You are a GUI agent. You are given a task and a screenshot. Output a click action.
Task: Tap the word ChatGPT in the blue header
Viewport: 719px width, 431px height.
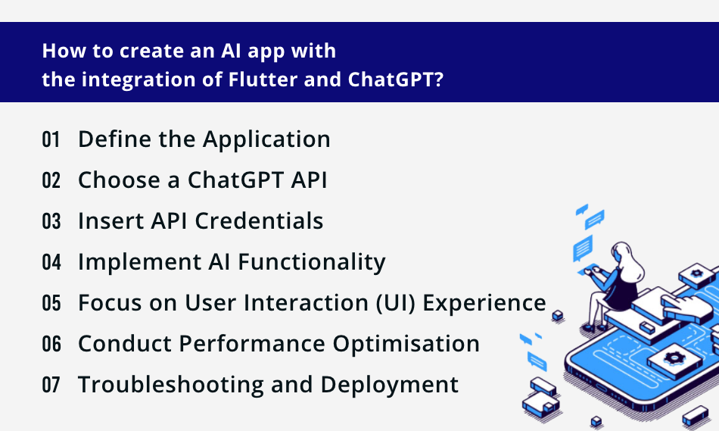(391, 80)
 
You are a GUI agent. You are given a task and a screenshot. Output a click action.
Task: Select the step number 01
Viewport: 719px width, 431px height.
(51, 139)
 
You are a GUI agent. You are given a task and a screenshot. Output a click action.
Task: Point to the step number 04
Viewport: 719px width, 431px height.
(51, 262)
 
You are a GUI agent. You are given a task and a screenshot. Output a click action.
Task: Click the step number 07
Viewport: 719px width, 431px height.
(51, 385)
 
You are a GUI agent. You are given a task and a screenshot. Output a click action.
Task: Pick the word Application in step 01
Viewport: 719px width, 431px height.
(266, 139)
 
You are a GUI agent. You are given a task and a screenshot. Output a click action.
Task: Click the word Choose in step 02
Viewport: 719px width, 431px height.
(120, 180)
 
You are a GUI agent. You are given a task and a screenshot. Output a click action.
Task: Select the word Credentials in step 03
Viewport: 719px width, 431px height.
(259, 220)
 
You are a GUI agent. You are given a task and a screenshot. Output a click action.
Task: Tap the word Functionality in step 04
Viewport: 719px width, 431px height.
(312, 262)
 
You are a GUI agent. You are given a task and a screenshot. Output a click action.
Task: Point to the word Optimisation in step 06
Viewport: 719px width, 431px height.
(406, 344)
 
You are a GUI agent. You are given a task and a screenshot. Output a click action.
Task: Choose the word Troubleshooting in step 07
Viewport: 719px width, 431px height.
(171, 385)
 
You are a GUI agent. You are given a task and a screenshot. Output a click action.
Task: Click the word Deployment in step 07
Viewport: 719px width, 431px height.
(389, 385)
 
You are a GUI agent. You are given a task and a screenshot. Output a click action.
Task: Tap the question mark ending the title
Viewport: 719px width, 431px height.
(439, 80)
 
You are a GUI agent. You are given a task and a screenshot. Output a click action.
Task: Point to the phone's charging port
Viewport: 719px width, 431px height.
(601, 389)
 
